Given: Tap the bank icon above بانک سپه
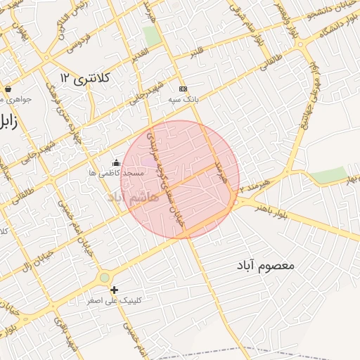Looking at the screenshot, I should tap(184, 89).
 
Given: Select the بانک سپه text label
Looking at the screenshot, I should tap(184, 100).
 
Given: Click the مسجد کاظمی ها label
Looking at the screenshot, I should tap(117, 173).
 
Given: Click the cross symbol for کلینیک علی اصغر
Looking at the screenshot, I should tap(114, 290).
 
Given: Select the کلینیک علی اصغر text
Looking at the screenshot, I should tap(115, 300).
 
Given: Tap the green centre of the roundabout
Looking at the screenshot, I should tap(105, 278).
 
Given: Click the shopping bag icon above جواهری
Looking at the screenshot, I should tap(8, 89).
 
